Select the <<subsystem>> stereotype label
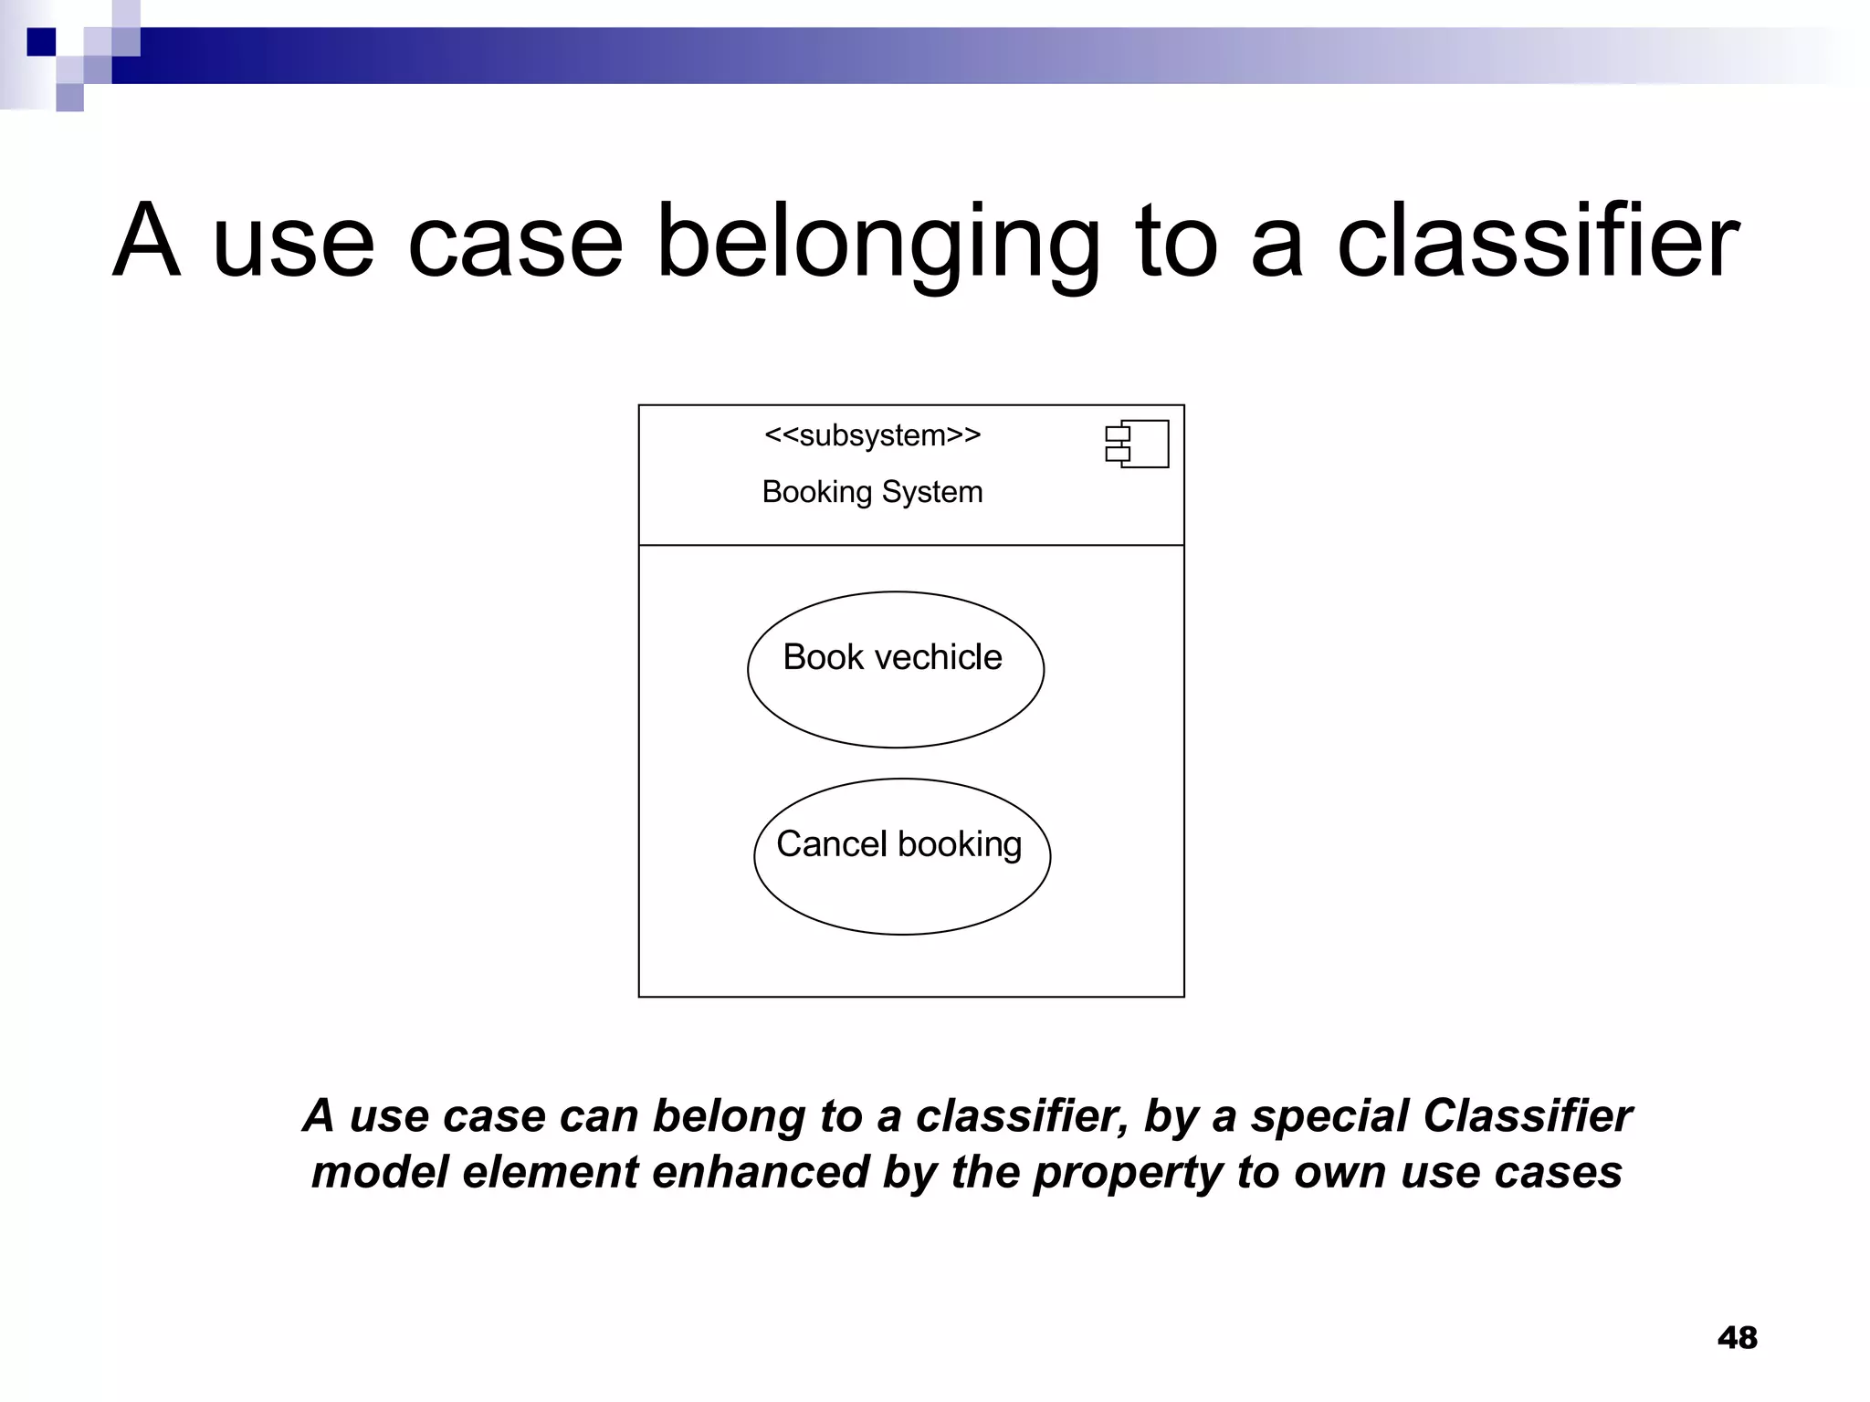[x=872, y=435]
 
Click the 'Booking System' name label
[x=872, y=492]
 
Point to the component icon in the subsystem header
[x=1137, y=444]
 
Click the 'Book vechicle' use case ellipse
[x=895, y=703]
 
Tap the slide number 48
[x=1737, y=1338]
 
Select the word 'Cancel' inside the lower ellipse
[x=831, y=844]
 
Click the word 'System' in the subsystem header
[x=932, y=492]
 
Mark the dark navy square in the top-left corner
[x=41, y=42]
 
